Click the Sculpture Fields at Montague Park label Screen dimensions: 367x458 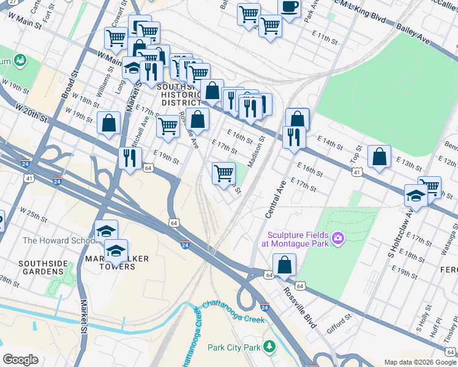(295, 239)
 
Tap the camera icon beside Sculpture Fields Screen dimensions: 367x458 (337, 237)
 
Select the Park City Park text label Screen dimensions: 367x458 (233, 347)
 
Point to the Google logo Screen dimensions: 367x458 (20, 359)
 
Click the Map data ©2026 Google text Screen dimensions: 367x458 (420, 362)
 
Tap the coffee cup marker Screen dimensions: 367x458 (289, 7)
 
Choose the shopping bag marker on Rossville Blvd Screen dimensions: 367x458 (285, 266)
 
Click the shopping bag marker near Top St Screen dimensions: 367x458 (380, 157)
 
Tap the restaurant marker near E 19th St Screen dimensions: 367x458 (130, 158)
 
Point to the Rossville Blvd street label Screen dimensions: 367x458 (299, 306)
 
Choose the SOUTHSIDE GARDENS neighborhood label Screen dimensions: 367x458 (43, 268)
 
